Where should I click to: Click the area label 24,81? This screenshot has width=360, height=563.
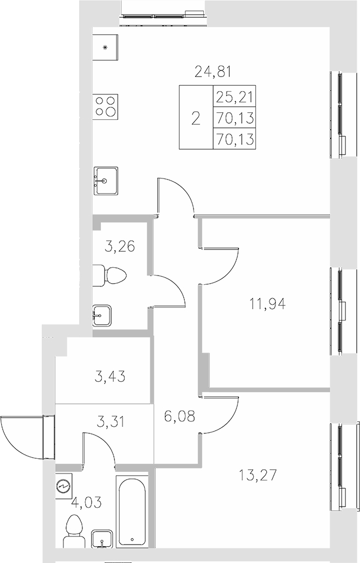(209, 71)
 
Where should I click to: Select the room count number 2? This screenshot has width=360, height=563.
(196, 118)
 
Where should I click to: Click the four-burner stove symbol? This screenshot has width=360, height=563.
(105, 105)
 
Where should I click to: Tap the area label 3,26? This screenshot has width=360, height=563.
(119, 247)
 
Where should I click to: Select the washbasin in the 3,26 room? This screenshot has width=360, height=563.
(102, 315)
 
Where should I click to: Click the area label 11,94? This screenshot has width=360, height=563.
(267, 304)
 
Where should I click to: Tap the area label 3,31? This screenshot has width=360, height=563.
(110, 421)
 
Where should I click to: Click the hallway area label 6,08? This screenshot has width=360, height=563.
(178, 417)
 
